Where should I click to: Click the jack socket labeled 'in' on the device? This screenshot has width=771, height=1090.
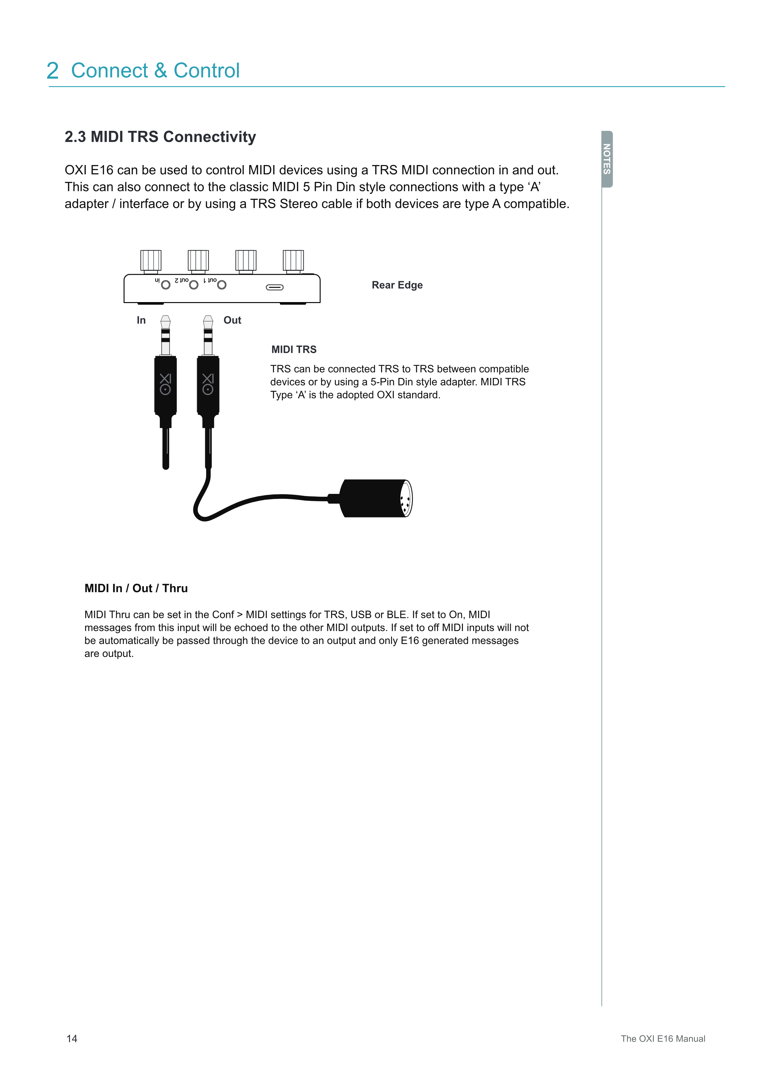pos(166,285)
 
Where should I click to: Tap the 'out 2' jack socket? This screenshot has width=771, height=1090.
pos(194,285)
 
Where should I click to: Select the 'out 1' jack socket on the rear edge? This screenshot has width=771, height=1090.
pos(222,285)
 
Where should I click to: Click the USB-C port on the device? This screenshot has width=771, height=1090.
pos(275,287)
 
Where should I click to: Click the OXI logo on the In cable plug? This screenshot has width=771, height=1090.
pos(165,384)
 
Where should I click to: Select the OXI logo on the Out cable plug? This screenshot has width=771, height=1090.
pos(208,384)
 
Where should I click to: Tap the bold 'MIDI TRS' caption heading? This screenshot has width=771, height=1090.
pos(294,349)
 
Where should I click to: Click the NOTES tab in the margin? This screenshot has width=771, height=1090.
pos(607,159)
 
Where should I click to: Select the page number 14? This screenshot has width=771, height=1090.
pos(72,1038)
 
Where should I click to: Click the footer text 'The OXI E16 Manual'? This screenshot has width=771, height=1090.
pos(663,1038)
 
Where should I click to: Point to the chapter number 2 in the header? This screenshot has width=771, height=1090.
pos(53,71)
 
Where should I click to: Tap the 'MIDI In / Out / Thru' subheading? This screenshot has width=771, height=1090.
pos(136,588)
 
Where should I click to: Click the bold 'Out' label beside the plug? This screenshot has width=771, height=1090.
pos(232,320)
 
